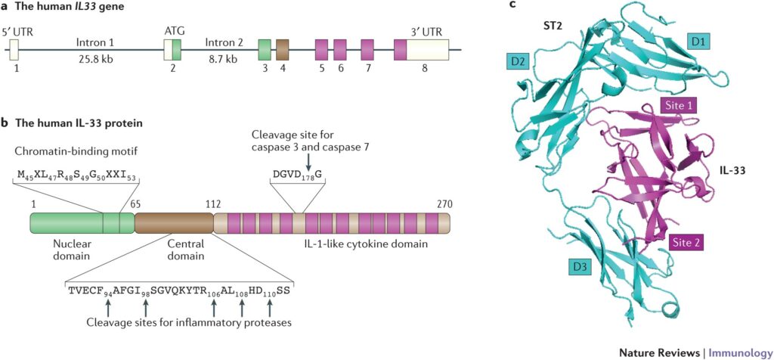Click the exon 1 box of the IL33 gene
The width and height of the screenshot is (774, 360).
coord(14,50)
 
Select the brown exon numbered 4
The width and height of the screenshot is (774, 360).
coord(283,50)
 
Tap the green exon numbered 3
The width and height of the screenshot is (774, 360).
coord(265,50)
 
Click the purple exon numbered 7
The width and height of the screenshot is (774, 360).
coord(367,50)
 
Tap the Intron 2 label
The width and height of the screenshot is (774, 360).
coord(224,42)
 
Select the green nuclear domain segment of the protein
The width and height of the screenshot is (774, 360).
coord(82,223)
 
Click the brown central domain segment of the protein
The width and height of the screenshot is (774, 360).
coord(175,223)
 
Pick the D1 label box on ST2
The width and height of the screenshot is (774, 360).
coord(697,43)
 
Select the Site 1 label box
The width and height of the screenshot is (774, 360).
coord(678,105)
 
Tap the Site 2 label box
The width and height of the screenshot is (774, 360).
coord(686,243)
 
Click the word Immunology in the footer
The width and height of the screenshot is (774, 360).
coord(741,352)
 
